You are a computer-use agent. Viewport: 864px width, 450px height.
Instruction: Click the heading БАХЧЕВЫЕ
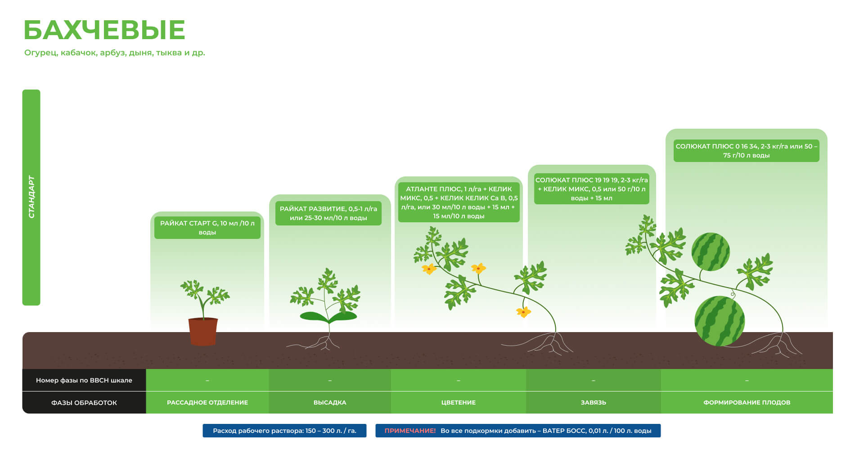[x=104, y=30]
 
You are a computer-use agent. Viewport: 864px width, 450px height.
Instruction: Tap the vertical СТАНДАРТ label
[x=31, y=197]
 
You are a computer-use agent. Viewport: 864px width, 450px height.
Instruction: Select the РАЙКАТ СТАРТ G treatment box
[x=207, y=228]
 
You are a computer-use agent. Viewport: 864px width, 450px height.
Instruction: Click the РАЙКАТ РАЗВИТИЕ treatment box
[x=328, y=213]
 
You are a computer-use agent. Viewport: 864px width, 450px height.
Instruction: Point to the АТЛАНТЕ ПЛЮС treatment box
[x=459, y=202]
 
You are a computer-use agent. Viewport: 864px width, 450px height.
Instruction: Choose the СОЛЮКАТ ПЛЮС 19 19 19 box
[x=591, y=189]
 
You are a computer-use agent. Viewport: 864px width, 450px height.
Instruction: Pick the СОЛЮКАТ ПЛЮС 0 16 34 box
[x=746, y=151]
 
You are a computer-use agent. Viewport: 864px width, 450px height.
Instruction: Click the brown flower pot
[x=203, y=331]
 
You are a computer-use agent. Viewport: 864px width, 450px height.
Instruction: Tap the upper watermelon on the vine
[x=710, y=252]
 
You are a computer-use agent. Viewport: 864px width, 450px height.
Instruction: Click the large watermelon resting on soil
[x=719, y=321]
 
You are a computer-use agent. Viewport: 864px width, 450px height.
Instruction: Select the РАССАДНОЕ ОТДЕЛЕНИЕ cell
[x=207, y=402]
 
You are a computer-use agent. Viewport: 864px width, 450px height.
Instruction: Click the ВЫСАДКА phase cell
[x=330, y=402]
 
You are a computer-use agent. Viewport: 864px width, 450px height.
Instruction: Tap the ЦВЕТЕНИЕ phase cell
[x=458, y=402]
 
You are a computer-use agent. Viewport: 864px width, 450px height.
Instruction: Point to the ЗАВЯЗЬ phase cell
[x=593, y=402]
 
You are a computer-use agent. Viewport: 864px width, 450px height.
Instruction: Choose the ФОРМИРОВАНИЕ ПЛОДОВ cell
[x=747, y=402]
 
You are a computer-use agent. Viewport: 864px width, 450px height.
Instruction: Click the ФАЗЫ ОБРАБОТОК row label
[x=84, y=403]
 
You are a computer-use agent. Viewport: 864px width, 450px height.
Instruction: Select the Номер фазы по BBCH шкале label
[x=84, y=380]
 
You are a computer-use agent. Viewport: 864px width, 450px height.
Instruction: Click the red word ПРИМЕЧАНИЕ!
[x=410, y=431]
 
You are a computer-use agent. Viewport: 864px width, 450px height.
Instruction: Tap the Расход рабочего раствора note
[x=284, y=431]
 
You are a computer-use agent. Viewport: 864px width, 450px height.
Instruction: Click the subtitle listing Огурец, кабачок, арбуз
[x=115, y=53]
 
